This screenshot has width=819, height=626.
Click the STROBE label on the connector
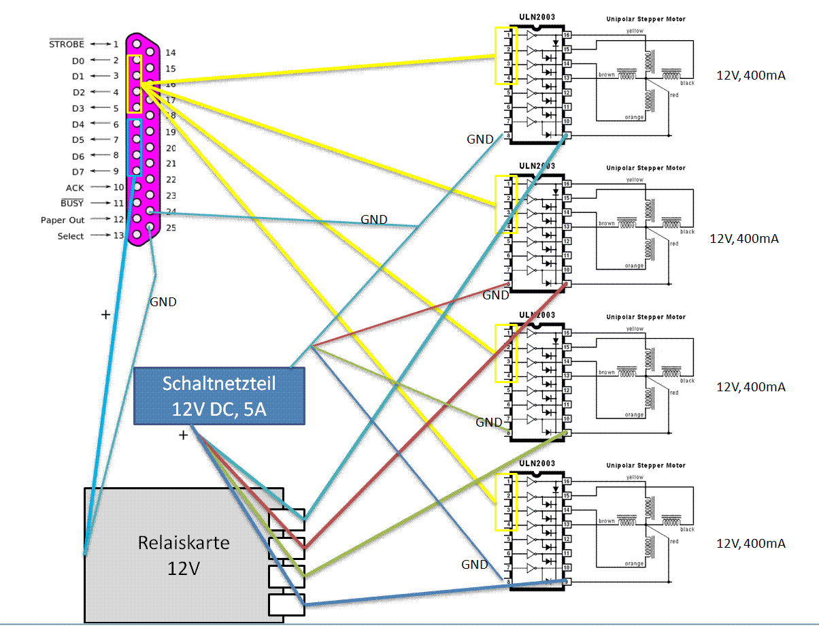pyautogui.click(x=67, y=44)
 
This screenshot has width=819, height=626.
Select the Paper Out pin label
pyautogui.click(x=63, y=220)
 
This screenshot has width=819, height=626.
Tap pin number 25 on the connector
pyautogui.click(x=171, y=227)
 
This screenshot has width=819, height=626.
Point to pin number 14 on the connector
pyautogui.click(x=171, y=52)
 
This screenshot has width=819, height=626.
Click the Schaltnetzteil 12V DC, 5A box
pyautogui.click(x=219, y=396)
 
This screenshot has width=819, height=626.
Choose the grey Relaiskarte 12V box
pyautogui.click(x=184, y=555)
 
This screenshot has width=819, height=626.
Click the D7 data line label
pyautogui.click(x=78, y=171)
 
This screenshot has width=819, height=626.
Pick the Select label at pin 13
pyautogui.click(x=71, y=236)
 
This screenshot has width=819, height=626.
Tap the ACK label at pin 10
pyautogui.click(x=75, y=188)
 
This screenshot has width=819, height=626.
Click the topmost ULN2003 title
pyautogui.click(x=537, y=19)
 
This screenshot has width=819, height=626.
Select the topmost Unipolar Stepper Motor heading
pyautogui.click(x=646, y=19)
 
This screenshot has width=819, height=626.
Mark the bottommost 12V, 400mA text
pyautogui.click(x=751, y=544)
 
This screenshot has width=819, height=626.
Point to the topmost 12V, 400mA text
pyautogui.click(x=751, y=76)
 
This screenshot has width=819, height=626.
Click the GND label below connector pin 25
pyautogui.click(x=163, y=302)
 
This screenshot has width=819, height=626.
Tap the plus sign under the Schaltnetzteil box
pyautogui.click(x=183, y=435)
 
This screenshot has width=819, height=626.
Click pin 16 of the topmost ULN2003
pyautogui.click(x=567, y=35)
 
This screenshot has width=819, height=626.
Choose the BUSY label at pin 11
pyautogui.click(x=72, y=203)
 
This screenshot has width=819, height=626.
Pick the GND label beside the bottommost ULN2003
pyautogui.click(x=474, y=565)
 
